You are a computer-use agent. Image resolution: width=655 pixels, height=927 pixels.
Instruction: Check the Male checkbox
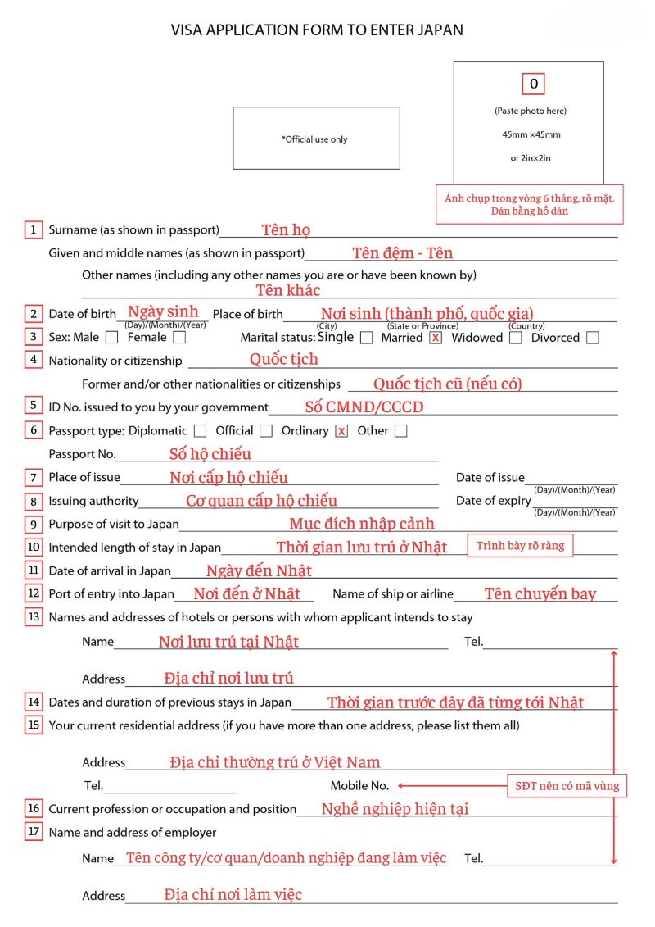pos(111,337)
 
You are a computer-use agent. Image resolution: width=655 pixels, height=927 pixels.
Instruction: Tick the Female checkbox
pos(179,337)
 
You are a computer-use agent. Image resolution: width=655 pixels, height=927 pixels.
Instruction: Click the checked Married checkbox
pos(436,338)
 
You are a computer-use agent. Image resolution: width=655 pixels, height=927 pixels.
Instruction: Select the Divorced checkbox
pos(592,338)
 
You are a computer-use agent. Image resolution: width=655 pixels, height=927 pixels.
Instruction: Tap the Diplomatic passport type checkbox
pos(201,430)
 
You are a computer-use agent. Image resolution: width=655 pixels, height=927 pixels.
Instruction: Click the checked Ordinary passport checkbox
pos(341,430)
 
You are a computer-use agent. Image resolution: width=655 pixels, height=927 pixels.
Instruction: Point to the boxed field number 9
pos(34,525)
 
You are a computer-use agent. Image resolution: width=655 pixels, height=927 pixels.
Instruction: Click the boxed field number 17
pos(34,832)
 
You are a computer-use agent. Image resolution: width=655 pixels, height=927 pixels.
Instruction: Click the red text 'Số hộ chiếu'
pos(210,453)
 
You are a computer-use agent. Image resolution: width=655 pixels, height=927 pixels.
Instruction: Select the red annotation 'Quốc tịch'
pos(284,359)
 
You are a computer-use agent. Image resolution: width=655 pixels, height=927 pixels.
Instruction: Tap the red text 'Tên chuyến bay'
pos(540,594)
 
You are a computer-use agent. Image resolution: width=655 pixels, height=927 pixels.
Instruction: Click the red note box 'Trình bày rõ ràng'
pos(521,546)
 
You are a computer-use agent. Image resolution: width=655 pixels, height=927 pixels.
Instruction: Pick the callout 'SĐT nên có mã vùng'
pos(567,786)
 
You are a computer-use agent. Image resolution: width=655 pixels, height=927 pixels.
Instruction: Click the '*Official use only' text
pos(314,139)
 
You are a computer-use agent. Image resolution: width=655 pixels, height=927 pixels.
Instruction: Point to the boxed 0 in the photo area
pos(533,84)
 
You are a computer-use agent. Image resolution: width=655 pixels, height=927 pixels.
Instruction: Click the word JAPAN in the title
pos(441,30)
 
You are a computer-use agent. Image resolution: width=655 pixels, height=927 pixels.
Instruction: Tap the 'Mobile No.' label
pos(359,786)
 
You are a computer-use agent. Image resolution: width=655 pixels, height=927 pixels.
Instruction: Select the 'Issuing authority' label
pos(93,501)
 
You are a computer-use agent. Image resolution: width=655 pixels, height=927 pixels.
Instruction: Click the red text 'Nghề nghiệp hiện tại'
pos(395,809)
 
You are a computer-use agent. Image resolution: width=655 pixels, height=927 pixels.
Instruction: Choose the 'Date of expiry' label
pos(493,501)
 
